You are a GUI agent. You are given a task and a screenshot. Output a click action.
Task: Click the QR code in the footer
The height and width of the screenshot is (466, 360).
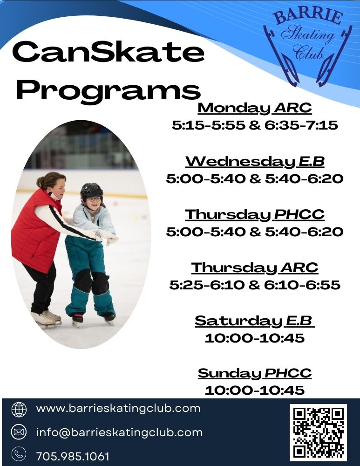coord(319,432)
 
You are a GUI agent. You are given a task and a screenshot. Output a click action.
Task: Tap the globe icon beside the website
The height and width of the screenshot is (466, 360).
coord(19,409)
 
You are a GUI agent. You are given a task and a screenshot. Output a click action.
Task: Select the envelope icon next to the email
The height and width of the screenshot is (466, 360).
coord(19,432)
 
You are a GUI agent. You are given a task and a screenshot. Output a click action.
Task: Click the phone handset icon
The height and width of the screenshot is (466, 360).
coord(19,454)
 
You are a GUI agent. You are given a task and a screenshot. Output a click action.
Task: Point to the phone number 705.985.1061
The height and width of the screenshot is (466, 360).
coord(72,456)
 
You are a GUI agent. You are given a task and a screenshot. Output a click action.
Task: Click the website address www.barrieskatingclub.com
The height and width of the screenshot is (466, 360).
coord(118,409)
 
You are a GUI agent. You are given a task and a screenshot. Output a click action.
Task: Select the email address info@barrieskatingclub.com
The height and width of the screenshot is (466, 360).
coord(119,432)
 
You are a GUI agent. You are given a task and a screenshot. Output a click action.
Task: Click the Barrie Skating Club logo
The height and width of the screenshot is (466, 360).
coord(307,47)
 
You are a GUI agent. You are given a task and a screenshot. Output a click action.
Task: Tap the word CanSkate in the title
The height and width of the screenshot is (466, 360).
coord(108,53)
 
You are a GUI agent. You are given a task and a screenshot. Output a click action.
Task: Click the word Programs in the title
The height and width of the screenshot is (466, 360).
coord(108,89)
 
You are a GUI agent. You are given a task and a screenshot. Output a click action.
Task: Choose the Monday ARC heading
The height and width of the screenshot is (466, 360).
coord(254,108)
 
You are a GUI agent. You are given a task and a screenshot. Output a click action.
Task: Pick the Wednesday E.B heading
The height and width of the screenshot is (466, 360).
coord(254,162)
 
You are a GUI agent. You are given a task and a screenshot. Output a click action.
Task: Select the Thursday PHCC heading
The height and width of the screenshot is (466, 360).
coord(254,215)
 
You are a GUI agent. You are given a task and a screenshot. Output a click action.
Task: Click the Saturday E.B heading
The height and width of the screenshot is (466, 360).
coord(254,321)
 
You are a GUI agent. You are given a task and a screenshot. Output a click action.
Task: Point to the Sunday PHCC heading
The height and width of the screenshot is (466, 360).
coord(254,373)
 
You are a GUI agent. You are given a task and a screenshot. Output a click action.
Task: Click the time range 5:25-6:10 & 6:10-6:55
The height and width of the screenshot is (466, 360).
coord(254,285)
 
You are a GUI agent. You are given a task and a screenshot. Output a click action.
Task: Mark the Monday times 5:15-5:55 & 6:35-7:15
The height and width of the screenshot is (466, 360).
coord(254,125)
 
